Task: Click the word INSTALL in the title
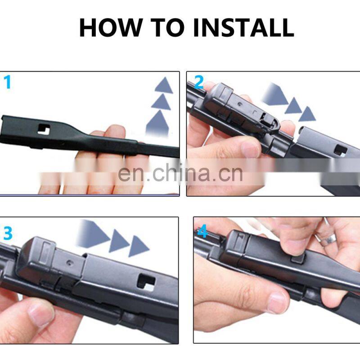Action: coord(243,27)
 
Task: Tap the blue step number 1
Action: coord(8,82)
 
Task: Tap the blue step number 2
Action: coord(199,82)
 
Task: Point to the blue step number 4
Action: coord(202,231)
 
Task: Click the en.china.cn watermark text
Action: coord(180,173)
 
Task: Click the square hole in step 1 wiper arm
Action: coord(44,130)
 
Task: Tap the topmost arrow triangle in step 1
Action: coord(164,85)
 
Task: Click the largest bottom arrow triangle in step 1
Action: coord(157,122)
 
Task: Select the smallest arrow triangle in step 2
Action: coord(307,114)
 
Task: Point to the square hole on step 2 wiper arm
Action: coord(340,150)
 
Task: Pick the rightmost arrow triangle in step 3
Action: coord(139,246)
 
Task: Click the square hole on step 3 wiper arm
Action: coord(146,283)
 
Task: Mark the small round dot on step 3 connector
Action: coord(69,263)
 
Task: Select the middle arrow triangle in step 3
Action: coord(119,241)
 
